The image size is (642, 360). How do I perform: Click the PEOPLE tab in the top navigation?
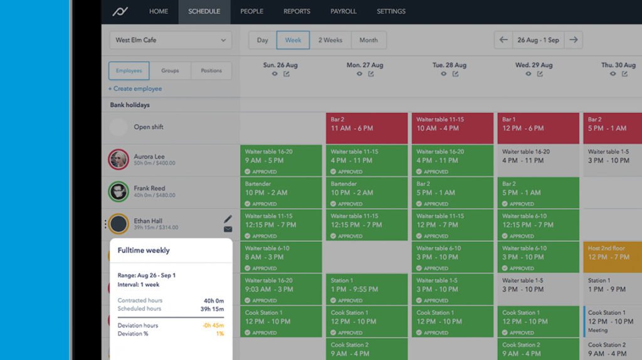click(251, 11)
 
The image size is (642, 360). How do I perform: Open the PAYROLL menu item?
click(344, 11)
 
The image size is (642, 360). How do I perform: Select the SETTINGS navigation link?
click(391, 11)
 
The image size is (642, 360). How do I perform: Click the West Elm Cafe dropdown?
click(171, 40)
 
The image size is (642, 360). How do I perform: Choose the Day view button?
click(262, 40)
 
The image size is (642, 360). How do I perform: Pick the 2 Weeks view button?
click(330, 40)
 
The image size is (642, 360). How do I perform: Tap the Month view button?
click(369, 40)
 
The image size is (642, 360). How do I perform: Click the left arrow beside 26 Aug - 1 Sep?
click(503, 40)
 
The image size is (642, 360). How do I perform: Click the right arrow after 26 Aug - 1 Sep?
click(573, 40)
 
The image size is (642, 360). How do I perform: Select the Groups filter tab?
click(170, 71)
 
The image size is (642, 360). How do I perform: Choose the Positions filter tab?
click(211, 71)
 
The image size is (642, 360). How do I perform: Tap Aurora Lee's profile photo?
click(118, 159)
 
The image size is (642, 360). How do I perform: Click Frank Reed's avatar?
click(118, 191)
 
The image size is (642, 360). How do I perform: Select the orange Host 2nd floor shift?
click(612, 253)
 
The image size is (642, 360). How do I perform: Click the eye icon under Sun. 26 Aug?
click(275, 74)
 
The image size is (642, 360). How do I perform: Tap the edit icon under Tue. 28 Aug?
click(455, 74)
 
